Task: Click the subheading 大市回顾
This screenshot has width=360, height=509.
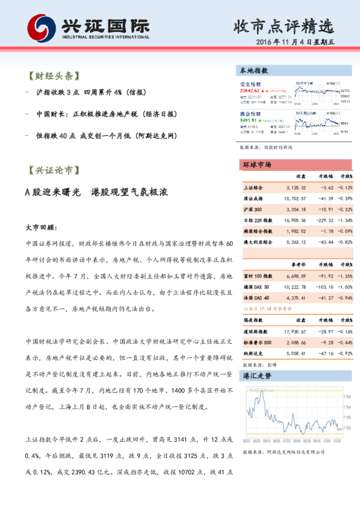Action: pyautogui.click(x=41, y=228)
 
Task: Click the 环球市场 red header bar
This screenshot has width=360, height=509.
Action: pyautogui.click(x=257, y=164)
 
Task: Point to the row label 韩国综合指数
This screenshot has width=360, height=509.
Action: pyautogui.click(x=258, y=231)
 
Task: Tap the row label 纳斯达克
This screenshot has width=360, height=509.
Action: pyautogui.click(x=252, y=354)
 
